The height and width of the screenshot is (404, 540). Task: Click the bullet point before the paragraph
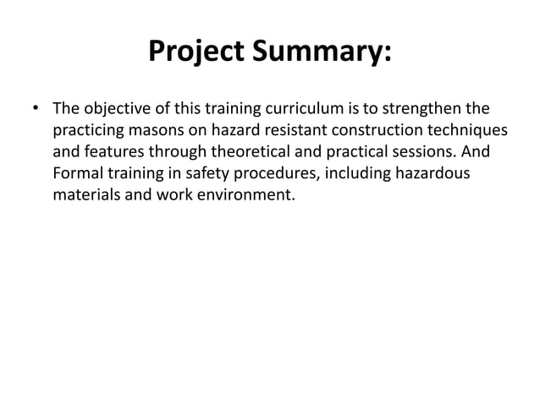point(36,110)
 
